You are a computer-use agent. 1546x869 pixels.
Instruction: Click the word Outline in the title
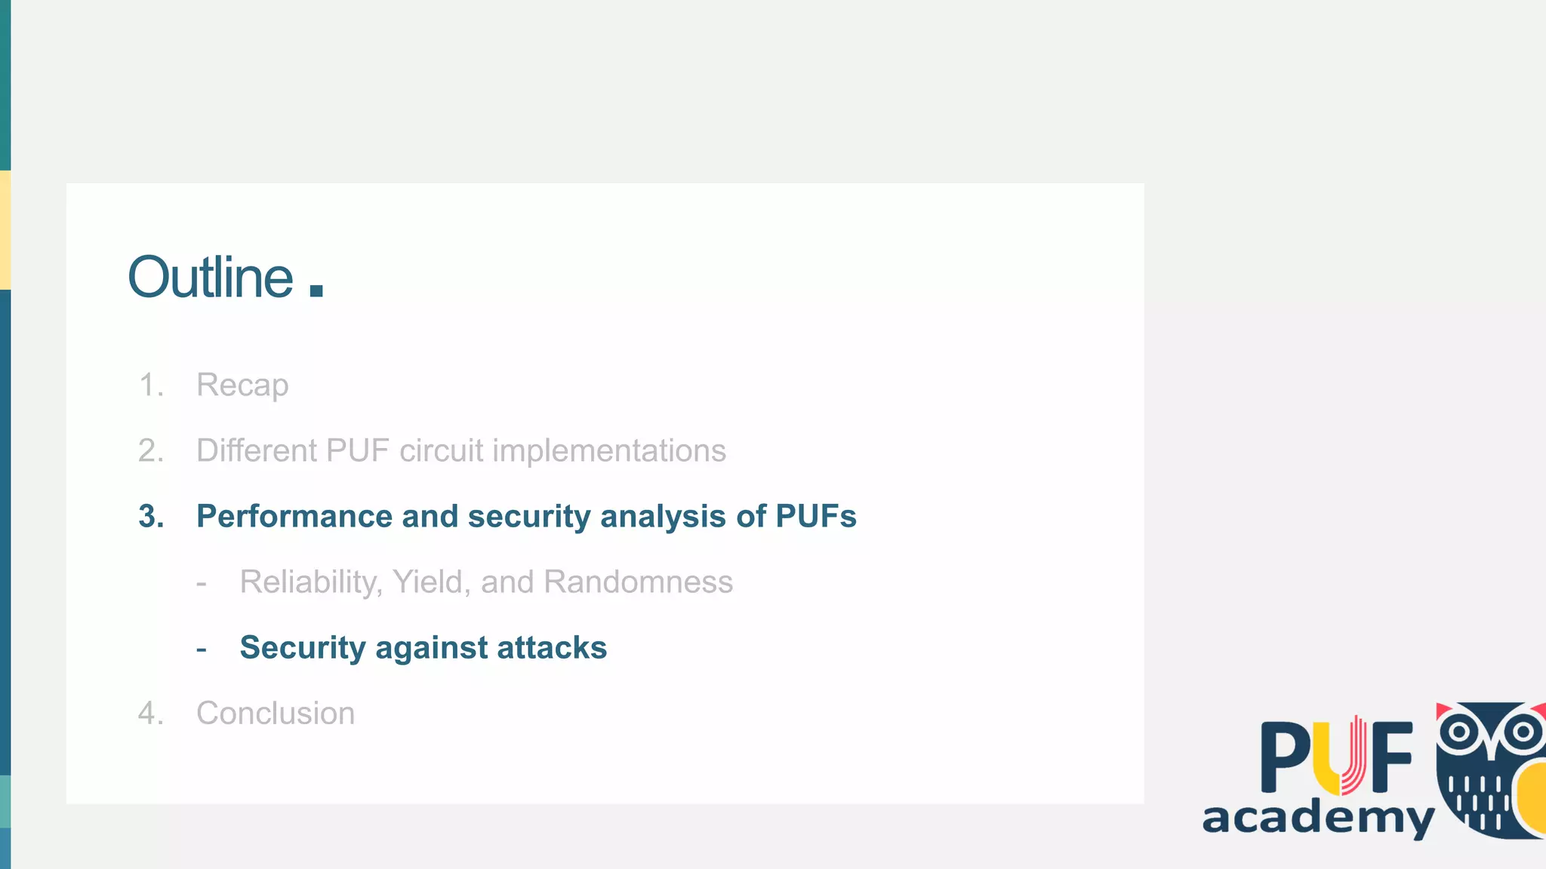tap(211, 278)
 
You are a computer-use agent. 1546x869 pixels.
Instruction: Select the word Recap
tap(242, 385)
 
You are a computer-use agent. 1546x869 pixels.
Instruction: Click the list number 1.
tap(150, 385)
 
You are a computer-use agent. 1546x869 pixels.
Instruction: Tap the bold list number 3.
tap(151, 517)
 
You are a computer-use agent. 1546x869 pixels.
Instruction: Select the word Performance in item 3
tap(294, 517)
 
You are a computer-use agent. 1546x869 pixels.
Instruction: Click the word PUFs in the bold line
tap(815, 517)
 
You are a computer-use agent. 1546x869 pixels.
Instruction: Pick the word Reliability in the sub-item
tap(311, 582)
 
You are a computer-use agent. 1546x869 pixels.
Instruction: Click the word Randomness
tap(638, 582)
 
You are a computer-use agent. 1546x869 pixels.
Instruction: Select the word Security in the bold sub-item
tap(302, 648)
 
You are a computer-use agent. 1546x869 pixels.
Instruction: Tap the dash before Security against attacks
tap(202, 649)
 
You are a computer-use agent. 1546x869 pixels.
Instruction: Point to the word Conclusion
tap(276, 714)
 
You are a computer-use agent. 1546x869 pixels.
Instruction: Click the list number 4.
tap(150, 714)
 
